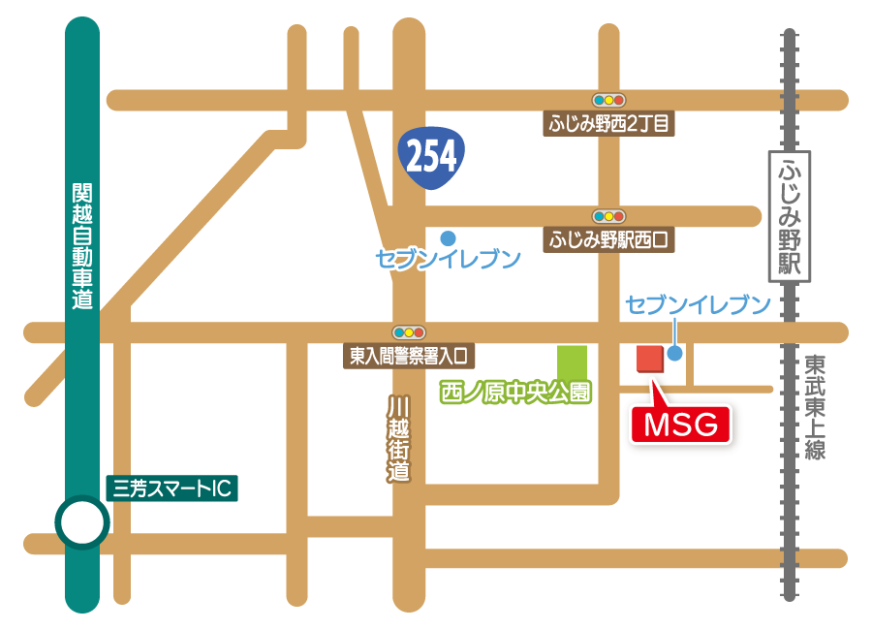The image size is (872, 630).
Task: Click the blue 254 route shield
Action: coord(430,155)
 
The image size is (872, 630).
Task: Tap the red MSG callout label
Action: coord(680,424)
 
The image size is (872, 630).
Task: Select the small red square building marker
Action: coord(648,358)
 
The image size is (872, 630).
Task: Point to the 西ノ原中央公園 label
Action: coord(515,393)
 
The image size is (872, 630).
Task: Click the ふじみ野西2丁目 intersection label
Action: coord(609,123)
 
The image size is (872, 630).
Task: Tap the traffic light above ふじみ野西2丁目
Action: coord(609,99)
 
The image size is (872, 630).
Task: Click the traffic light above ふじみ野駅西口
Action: coord(609,215)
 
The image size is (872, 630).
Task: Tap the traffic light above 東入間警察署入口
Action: coord(409,331)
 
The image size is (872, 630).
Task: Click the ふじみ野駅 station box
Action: coord(788,216)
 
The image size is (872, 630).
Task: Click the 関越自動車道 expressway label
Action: coord(82,246)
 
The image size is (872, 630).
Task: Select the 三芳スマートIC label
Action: coord(171,488)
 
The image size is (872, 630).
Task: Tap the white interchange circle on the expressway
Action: coord(81,523)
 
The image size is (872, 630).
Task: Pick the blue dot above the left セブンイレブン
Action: coord(448,236)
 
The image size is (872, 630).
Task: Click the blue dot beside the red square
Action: coord(675,354)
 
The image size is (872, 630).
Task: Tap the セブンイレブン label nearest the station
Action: coord(698,305)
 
